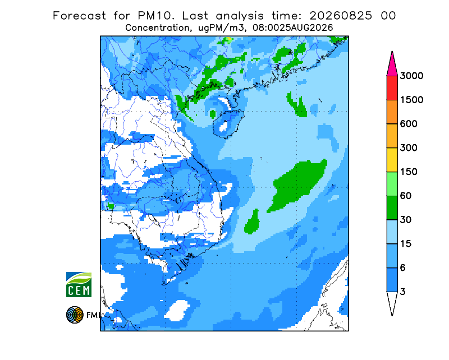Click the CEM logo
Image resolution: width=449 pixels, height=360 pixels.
(x=79, y=284)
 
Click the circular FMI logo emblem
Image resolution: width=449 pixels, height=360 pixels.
(x=75, y=315)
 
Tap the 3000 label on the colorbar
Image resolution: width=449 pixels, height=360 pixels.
(x=411, y=76)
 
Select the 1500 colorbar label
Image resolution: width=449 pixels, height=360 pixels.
(x=411, y=100)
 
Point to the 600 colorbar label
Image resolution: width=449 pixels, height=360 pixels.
(x=409, y=124)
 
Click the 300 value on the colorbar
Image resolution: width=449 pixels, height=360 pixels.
(x=409, y=148)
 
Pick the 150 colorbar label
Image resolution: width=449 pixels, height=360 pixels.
(x=409, y=172)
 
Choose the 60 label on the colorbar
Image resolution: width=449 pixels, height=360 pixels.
(x=406, y=196)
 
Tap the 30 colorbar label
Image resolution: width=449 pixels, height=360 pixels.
(x=406, y=220)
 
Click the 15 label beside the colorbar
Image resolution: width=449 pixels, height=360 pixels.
(x=406, y=244)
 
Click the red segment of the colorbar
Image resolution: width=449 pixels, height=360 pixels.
(x=392, y=88)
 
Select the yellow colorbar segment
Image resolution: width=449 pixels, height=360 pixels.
(x=392, y=160)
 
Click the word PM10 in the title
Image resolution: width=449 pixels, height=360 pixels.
(x=156, y=16)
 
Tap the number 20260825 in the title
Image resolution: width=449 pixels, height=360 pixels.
(x=341, y=16)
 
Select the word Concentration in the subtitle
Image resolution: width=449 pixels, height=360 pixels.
(x=157, y=28)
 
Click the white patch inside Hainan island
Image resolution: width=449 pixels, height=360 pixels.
(x=223, y=126)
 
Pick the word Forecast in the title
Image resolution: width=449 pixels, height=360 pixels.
(x=79, y=16)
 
